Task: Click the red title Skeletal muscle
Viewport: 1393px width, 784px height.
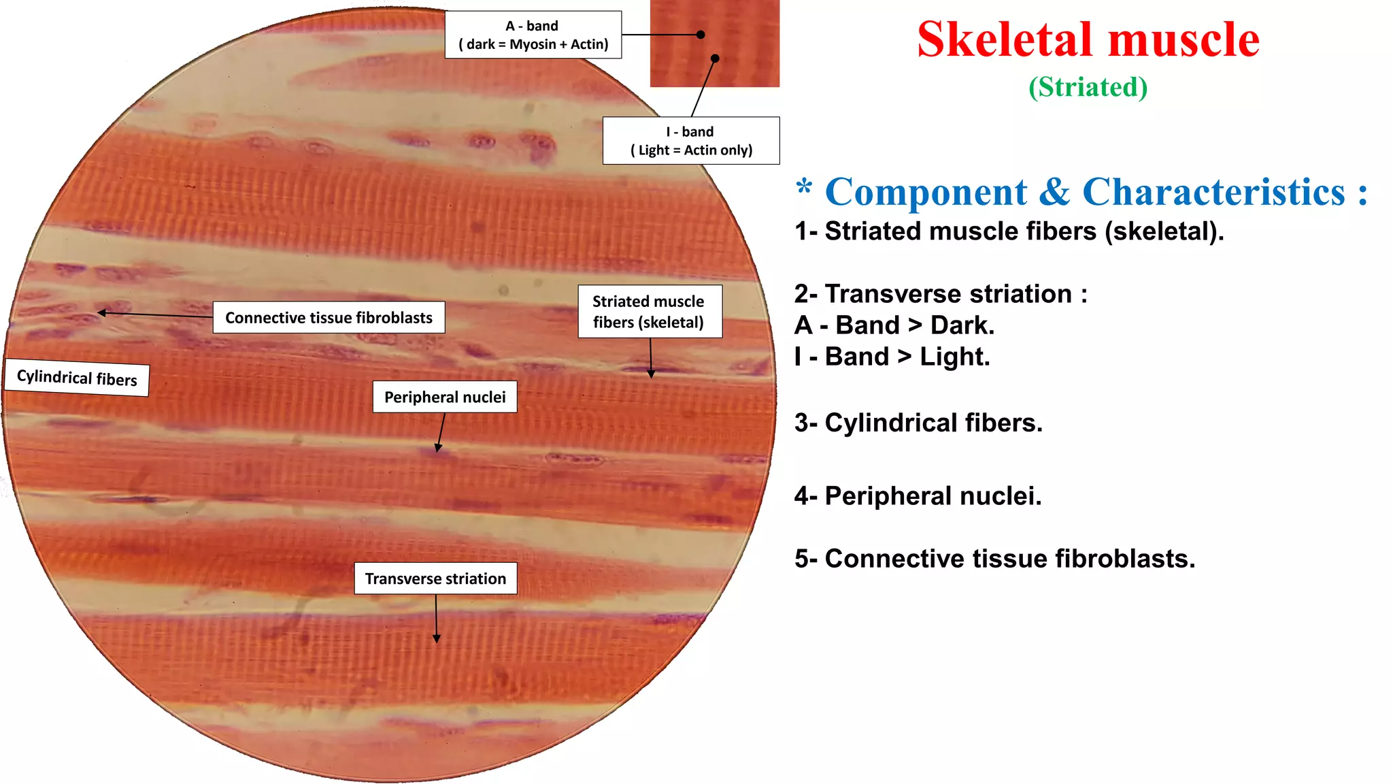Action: [1088, 39]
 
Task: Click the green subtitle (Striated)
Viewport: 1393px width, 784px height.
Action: [1088, 87]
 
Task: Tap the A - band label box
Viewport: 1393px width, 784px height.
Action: [533, 35]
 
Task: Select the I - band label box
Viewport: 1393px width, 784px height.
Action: [690, 141]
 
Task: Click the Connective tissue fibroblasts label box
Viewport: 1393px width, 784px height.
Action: [329, 318]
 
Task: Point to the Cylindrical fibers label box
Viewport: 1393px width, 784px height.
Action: [77, 378]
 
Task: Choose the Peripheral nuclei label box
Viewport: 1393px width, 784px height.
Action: [445, 397]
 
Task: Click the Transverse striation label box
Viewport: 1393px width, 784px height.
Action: [435, 578]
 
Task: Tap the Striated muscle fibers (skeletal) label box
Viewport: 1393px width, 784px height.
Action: [649, 312]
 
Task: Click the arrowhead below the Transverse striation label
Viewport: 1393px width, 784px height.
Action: [437, 638]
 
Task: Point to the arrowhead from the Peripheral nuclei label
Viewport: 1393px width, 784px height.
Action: [439, 448]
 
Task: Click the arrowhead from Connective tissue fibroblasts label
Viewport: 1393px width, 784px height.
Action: [101, 313]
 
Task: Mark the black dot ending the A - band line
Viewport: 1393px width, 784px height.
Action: [701, 35]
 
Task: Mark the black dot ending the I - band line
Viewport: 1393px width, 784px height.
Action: [715, 59]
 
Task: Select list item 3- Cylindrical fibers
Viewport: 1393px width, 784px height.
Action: [918, 423]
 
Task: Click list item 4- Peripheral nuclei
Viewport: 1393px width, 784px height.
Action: [918, 496]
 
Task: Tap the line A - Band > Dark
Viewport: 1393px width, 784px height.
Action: [894, 325]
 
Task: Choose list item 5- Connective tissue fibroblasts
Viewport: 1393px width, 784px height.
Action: [994, 559]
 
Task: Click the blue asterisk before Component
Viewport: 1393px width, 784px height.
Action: [804, 186]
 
